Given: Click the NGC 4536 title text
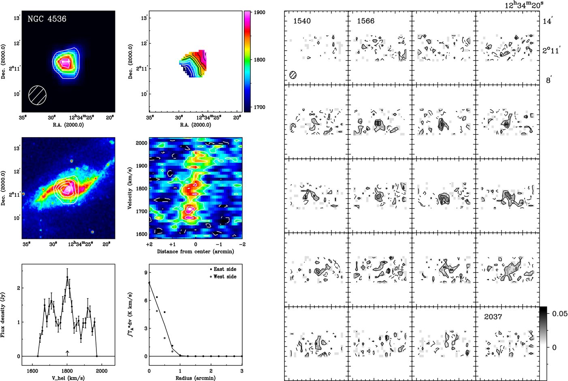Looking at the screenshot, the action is click(x=47, y=19).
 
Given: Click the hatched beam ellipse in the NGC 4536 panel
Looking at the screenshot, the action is click(x=38, y=95).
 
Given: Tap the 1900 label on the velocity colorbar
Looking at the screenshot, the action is click(x=260, y=13).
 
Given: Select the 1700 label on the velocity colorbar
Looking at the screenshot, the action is click(x=260, y=107).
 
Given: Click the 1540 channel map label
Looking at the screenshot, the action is click(x=302, y=21).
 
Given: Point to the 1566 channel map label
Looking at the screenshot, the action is click(x=366, y=21).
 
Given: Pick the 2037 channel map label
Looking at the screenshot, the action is click(x=493, y=317).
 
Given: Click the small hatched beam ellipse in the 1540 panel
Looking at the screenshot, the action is click(x=293, y=75).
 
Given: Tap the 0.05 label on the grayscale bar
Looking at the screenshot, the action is click(x=559, y=314).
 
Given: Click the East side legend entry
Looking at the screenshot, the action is click(x=223, y=269).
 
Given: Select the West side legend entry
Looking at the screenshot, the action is click(x=223, y=277).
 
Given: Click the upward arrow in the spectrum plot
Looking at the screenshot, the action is click(x=67, y=353).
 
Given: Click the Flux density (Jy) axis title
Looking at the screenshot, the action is click(x=3, y=315).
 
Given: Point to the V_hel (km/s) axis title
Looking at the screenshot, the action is click(x=68, y=378).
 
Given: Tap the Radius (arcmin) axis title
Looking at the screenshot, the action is click(x=196, y=378).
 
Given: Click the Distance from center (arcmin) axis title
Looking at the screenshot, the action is click(x=196, y=251).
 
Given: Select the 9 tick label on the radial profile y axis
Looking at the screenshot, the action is click(x=146, y=273).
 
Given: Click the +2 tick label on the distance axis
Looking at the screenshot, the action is click(x=149, y=245).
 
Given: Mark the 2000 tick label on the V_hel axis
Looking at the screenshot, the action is click(x=102, y=371).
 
